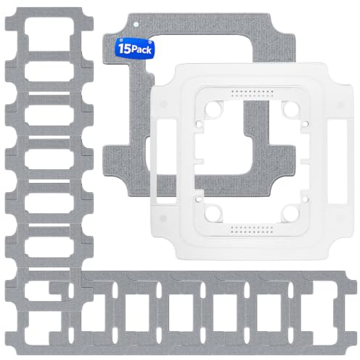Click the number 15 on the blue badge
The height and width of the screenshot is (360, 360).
click(125, 49)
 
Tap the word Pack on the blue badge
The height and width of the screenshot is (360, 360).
click(142, 49)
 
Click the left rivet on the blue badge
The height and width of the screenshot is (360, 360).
click(121, 40)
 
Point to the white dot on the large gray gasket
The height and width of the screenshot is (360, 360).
click(136, 24)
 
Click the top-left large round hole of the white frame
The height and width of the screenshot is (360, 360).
click(213, 109)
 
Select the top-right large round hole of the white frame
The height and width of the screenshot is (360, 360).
click(291, 109)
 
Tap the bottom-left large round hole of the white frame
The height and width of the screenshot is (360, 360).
click(213, 213)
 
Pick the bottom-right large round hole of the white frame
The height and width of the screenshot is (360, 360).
click(291, 213)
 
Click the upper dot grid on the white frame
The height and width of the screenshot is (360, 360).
click(252, 94)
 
